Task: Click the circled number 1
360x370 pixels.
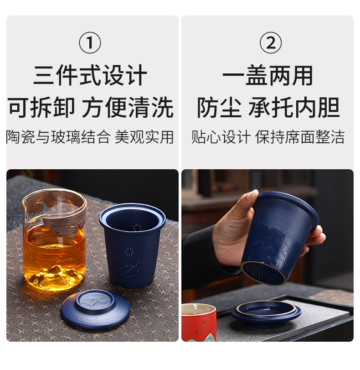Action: point(90,43)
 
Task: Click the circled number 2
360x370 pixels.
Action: point(270,43)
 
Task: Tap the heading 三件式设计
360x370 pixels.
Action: point(90,75)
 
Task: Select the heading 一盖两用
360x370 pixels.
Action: point(267,75)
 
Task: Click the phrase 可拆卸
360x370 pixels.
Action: point(41,107)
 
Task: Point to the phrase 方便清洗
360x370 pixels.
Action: point(128,107)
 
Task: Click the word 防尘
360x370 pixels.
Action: point(219,107)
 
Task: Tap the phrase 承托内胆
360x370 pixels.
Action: point(294,107)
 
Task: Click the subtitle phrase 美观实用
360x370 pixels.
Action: point(144,137)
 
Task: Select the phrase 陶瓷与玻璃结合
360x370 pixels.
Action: point(58,137)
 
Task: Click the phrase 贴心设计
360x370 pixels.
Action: point(221,137)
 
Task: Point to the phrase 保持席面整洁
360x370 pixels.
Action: point(300,137)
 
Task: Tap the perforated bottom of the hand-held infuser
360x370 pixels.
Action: point(263,273)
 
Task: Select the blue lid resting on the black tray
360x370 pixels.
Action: point(266,313)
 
